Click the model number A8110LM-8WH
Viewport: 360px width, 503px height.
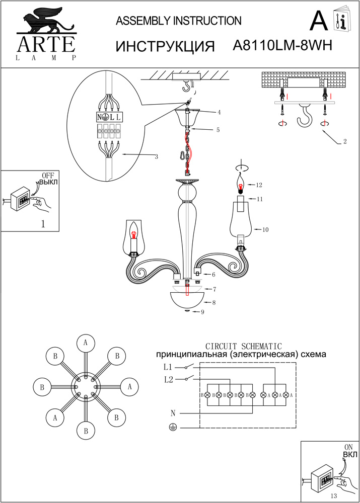282,46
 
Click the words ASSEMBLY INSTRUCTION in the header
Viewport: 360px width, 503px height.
179,21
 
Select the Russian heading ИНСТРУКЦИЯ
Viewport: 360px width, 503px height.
166,46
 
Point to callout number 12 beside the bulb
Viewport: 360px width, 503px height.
260,185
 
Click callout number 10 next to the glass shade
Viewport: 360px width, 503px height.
265,229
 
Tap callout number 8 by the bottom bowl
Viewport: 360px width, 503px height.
214,303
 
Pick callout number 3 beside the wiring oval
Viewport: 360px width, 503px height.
157,157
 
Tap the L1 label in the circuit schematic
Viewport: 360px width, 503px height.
168,367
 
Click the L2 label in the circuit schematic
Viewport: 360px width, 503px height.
168,379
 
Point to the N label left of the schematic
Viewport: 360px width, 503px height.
173,413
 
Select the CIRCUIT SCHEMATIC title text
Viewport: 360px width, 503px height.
244,346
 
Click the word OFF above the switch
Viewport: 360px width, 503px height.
47,175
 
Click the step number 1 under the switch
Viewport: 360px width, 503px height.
43,224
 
